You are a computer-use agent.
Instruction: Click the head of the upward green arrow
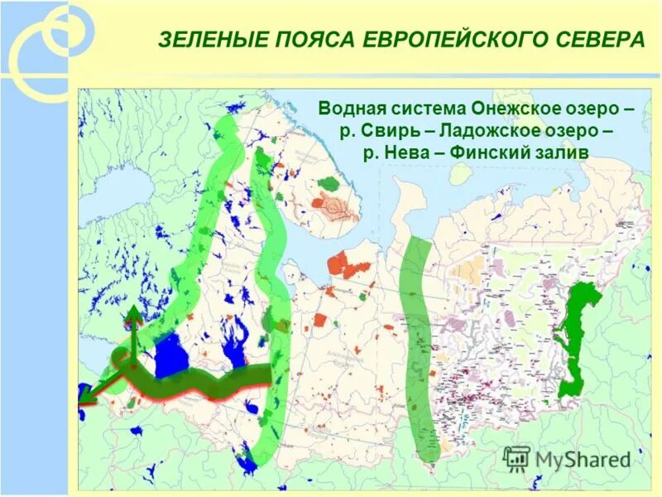coord(132,314)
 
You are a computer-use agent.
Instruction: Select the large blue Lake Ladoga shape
coord(171,355)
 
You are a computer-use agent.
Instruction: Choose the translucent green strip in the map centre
coord(417,348)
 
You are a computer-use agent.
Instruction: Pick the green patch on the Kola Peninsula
coord(330,183)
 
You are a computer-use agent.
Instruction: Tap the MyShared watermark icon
coord(516,457)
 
